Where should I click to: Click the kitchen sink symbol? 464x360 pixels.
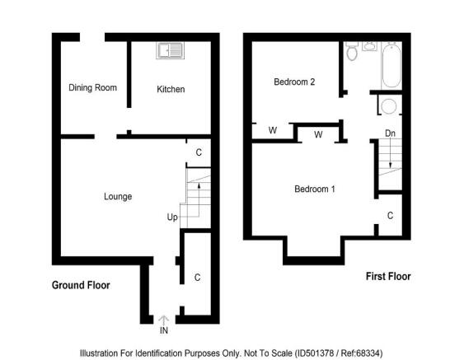[170, 50]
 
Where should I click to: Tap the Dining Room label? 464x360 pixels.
[92, 87]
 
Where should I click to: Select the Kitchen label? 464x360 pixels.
[171, 89]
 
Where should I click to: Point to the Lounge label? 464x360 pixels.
[118, 196]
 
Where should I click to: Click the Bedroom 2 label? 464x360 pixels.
[294, 82]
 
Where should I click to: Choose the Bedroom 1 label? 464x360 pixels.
[315, 189]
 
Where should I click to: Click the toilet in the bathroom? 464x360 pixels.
[352, 51]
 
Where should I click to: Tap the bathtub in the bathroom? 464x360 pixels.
[391, 65]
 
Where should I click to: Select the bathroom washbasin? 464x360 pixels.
[369, 46]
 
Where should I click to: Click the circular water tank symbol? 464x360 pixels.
[389, 106]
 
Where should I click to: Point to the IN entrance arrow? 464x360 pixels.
[164, 321]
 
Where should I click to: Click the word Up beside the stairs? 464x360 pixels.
[172, 217]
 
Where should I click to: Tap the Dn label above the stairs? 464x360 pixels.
[390, 133]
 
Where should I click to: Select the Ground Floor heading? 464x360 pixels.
[81, 285]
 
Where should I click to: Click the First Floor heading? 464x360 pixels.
[388, 276]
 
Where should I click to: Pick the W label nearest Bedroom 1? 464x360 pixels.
[318, 134]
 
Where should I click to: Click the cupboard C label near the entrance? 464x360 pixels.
[197, 278]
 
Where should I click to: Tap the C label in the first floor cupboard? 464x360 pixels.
[390, 215]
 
